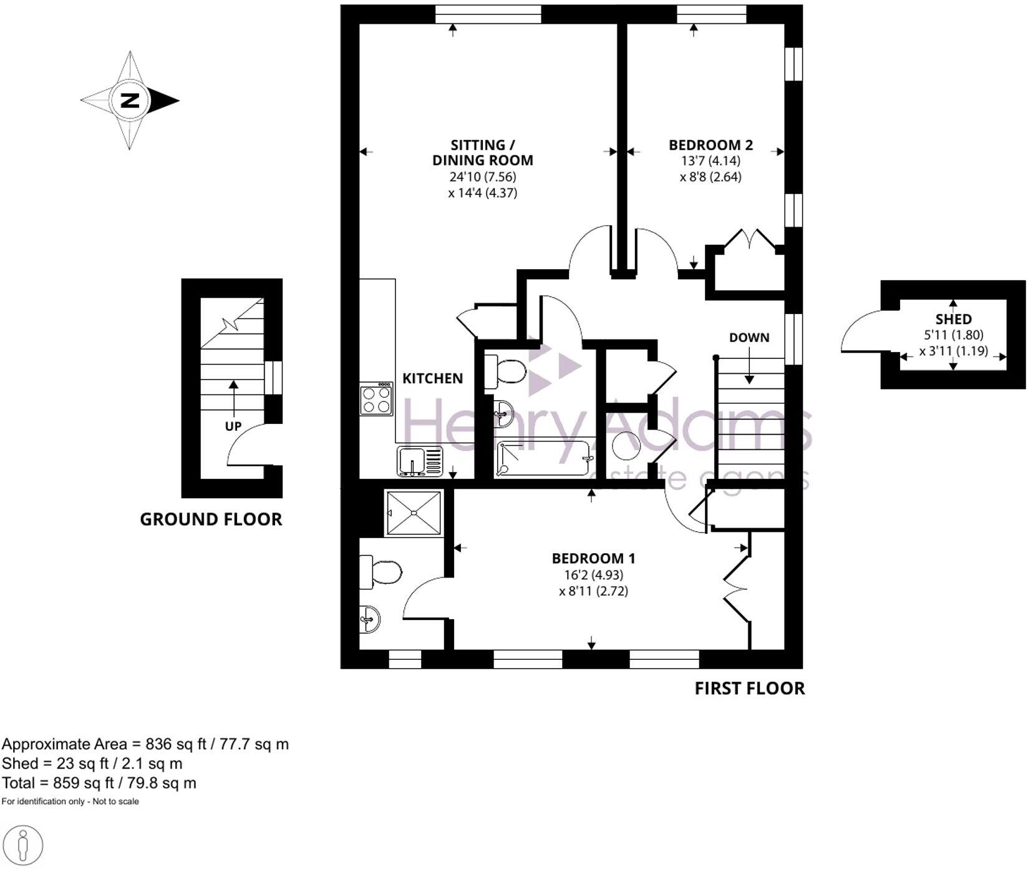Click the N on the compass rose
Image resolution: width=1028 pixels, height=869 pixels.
(130, 100)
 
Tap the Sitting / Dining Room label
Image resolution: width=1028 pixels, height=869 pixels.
(482, 152)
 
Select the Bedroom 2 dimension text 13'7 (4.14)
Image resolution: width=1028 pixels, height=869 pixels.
(710, 160)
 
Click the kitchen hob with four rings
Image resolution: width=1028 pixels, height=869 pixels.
(376, 399)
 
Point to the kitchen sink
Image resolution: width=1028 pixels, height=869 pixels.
(419, 461)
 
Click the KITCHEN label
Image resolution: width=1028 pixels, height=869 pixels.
(432, 378)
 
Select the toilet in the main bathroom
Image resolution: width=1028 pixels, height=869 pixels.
(506, 371)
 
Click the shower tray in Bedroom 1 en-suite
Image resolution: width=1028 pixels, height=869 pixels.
(414, 513)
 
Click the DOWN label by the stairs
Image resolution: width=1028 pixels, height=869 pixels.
(749, 338)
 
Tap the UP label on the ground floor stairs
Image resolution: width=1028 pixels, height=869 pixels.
(233, 426)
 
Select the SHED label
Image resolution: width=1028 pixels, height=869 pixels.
(953, 319)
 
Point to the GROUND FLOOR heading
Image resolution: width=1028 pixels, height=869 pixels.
(211, 519)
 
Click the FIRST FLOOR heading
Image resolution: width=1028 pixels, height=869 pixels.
(749, 689)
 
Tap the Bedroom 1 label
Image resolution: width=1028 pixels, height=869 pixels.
(593, 558)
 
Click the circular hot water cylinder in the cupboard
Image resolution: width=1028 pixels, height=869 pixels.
(626, 446)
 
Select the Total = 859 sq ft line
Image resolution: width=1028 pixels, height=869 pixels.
(99, 783)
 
